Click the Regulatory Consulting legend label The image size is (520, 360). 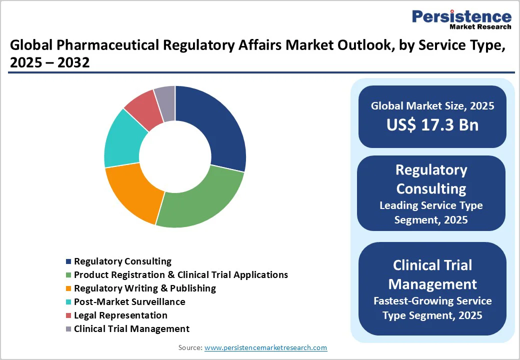(x=122, y=261)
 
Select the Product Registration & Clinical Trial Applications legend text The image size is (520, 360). (x=181, y=275)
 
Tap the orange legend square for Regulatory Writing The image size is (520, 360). (x=68, y=289)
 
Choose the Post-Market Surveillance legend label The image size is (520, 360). (x=129, y=302)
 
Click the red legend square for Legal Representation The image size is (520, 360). (x=68, y=316)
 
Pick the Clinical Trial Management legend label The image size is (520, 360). (x=131, y=329)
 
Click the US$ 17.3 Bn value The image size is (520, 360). (x=432, y=125)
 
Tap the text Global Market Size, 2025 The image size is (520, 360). (x=432, y=106)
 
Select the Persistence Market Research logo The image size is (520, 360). (x=461, y=20)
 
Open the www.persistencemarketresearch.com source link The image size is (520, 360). (x=265, y=347)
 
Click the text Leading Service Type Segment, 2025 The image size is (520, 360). (x=431, y=212)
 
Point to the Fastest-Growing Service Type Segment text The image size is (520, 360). (x=432, y=308)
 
